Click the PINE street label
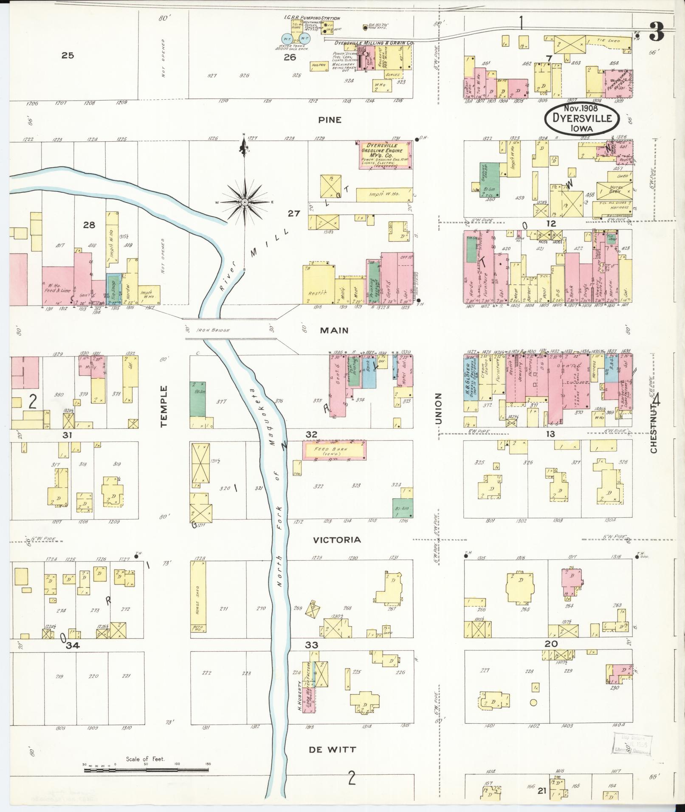tap(330, 120)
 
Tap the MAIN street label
tap(334, 330)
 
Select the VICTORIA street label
tap(337, 540)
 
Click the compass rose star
tap(245, 202)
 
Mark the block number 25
tap(68, 55)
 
